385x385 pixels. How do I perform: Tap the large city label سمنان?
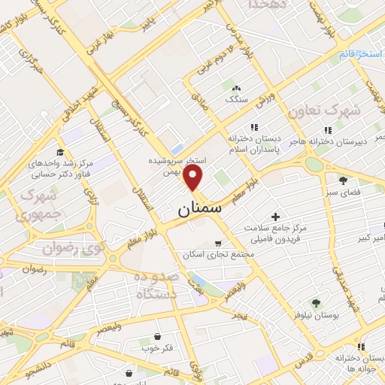pyautogui.click(x=200, y=210)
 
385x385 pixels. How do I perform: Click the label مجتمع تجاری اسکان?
pyautogui.click(x=220, y=255)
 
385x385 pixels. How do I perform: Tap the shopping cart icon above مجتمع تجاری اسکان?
pyautogui.click(x=218, y=243)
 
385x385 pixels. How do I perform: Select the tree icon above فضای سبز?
pyautogui.click(x=344, y=180)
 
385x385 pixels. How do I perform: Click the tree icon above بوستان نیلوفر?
pyautogui.click(x=315, y=303)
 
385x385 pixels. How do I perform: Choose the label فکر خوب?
pyautogui.click(x=156, y=349)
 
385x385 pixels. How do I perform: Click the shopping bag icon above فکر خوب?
pyautogui.click(x=158, y=336)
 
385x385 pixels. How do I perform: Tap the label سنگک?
pyautogui.click(x=235, y=99)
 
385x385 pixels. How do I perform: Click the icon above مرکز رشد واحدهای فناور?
pyautogui.click(x=61, y=151)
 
